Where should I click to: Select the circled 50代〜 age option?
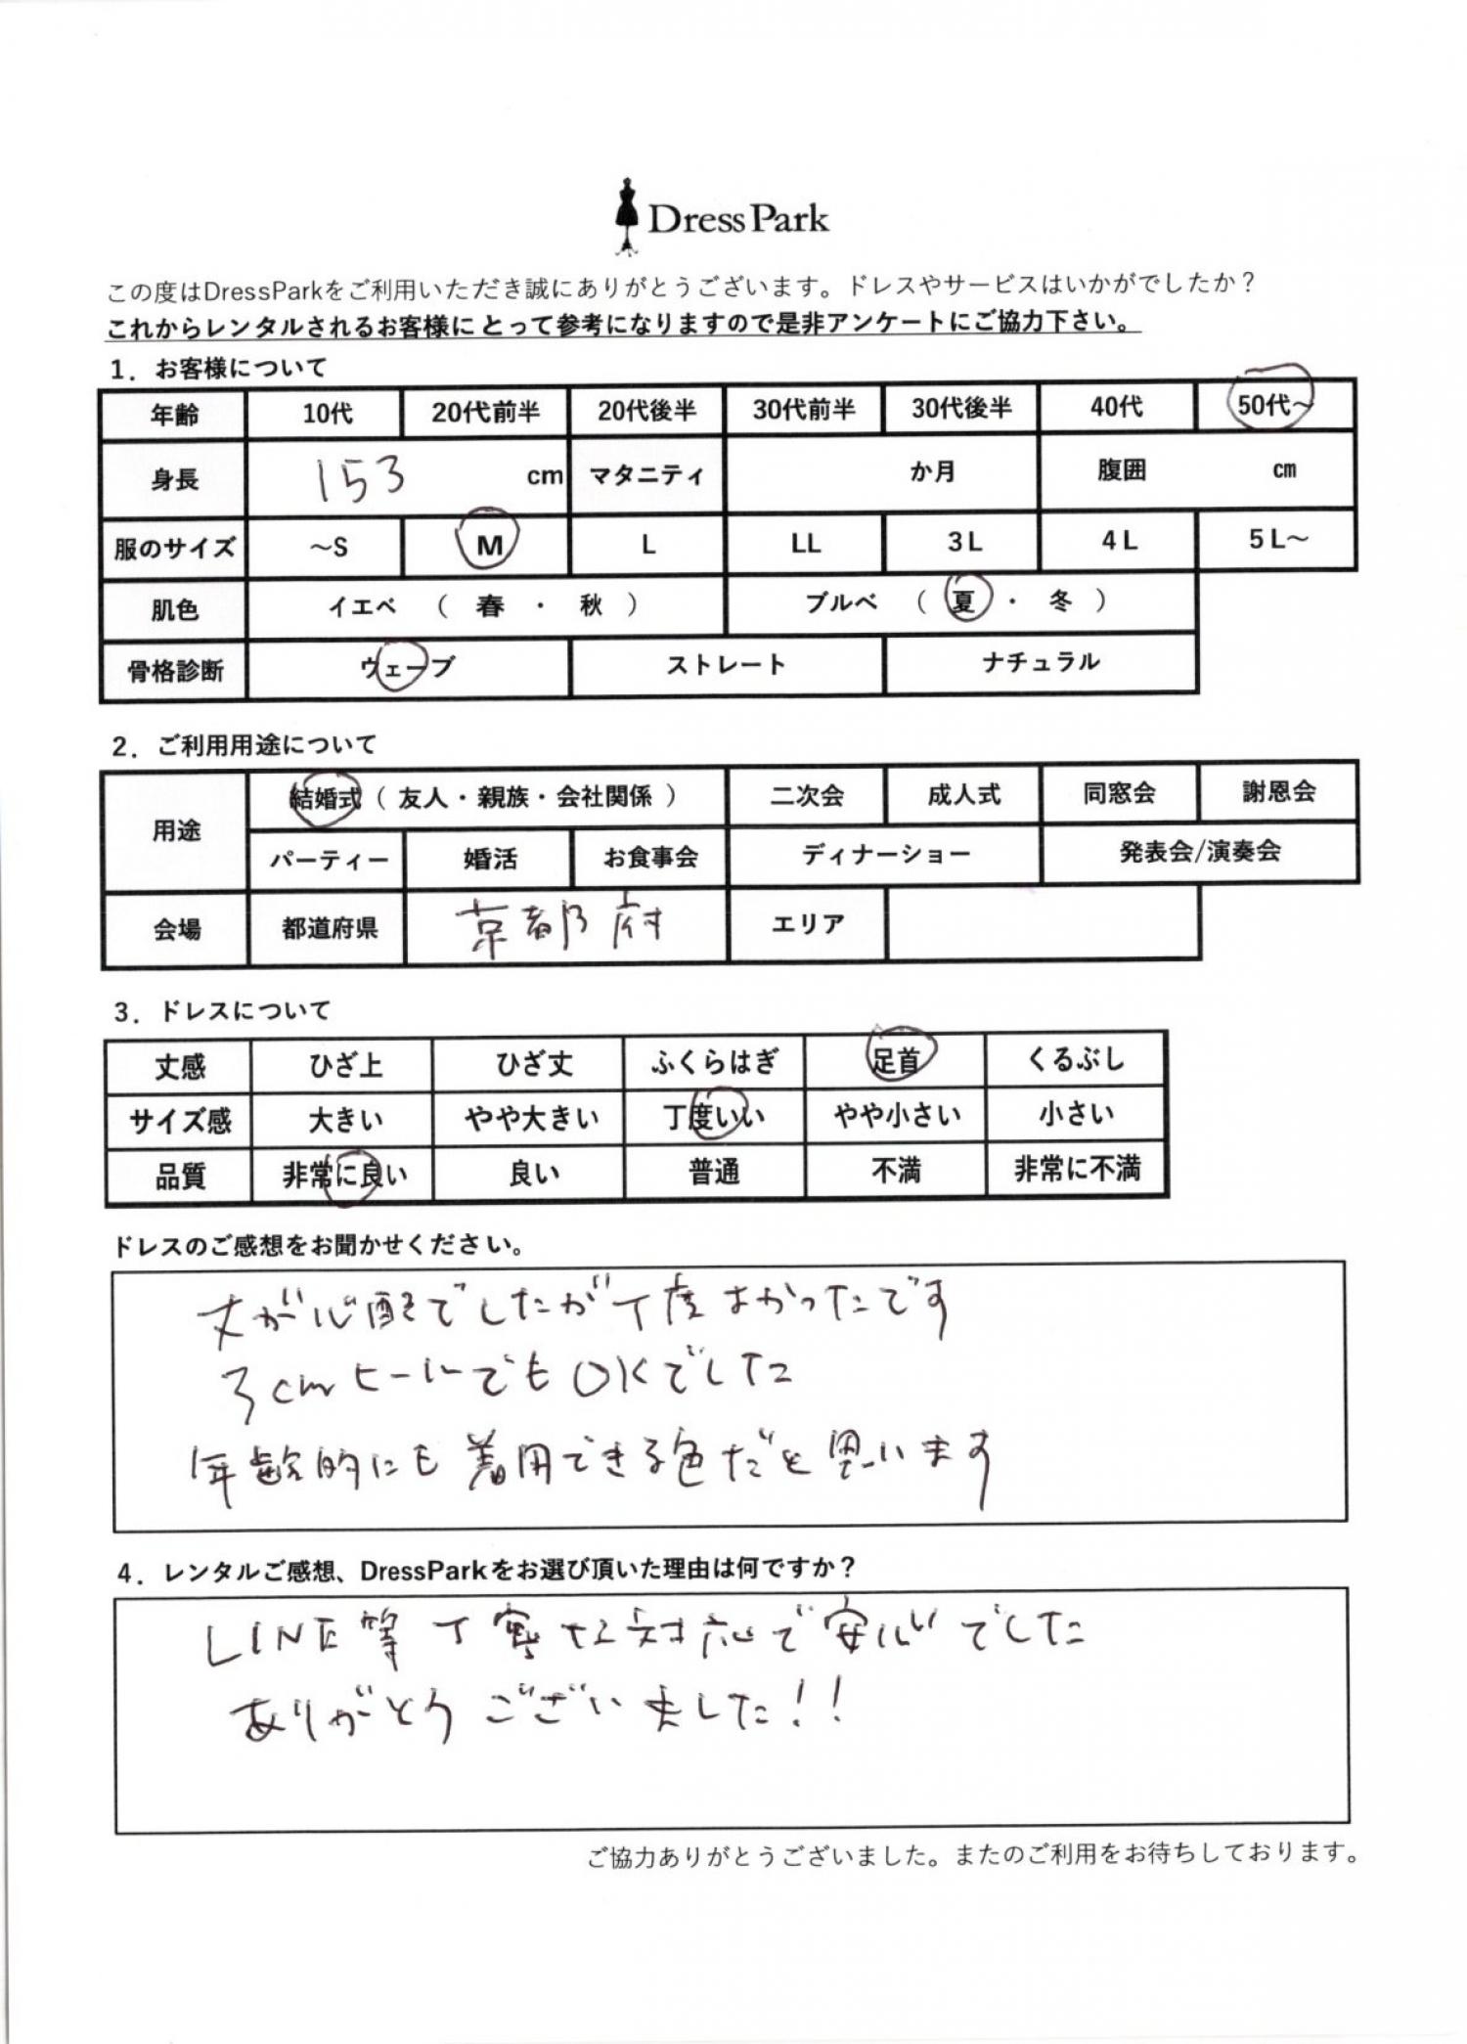tap(1271, 403)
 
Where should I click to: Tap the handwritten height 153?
tap(359, 479)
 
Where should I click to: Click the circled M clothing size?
tap(488, 544)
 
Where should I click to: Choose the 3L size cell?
tap(963, 542)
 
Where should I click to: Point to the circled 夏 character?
tap(964, 600)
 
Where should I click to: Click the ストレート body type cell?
tap(726, 665)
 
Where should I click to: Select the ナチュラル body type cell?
tap(1041, 662)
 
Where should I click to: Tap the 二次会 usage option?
tap(806, 795)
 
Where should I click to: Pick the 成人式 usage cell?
tap(963, 794)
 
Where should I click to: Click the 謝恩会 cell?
tap(1277, 791)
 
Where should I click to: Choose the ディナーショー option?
tap(885, 855)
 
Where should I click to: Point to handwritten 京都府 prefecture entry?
tap(561, 927)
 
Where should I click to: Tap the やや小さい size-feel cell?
tap(897, 1115)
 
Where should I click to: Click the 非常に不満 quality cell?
tap(1076, 1169)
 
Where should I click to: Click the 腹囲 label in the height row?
tap(1121, 470)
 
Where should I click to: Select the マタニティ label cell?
tap(646, 474)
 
